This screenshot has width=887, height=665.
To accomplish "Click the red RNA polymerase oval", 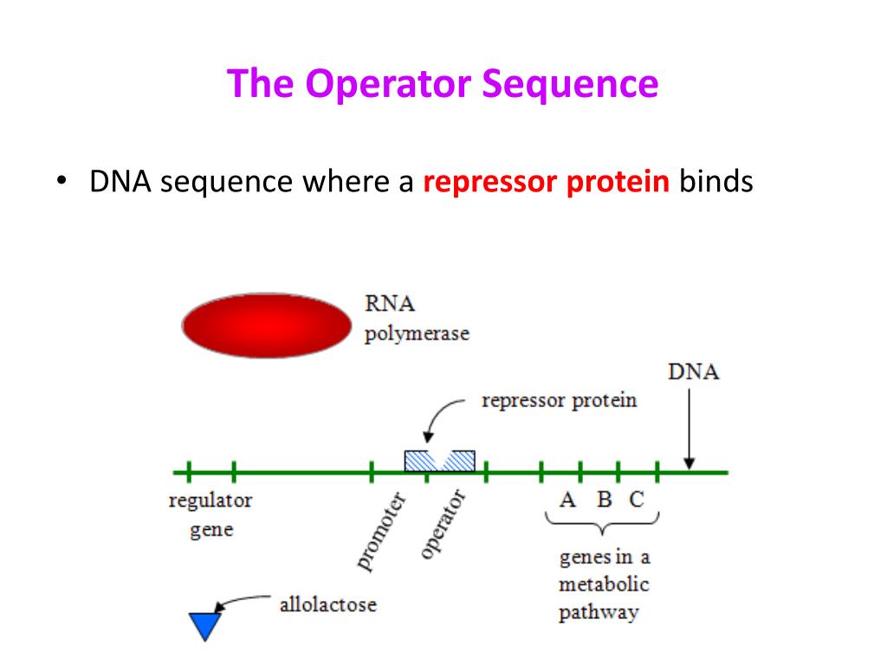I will [x=266, y=326].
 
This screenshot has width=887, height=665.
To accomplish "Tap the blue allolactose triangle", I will [x=205, y=623].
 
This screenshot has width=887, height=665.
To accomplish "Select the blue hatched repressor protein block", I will [x=439, y=461].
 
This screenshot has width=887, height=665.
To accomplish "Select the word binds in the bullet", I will [x=715, y=183].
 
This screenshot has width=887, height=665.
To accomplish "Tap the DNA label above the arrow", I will [x=694, y=373].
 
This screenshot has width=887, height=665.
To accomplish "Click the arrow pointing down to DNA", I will [x=689, y=429].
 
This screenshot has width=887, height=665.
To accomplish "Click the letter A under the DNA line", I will [x=567, y=500].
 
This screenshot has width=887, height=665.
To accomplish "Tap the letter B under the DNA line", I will [x=605, y=500].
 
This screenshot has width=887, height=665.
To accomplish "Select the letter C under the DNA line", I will [x=637, y=500].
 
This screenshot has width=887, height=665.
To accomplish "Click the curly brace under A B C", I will [x=602, y=523].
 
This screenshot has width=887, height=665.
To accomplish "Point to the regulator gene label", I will [x=210, y=514].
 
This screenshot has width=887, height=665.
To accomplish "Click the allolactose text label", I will [x=327, y=604].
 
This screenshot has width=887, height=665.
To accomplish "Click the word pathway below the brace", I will [x=599, y=613].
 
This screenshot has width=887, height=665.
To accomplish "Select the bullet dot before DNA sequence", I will [x=62, y=184].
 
